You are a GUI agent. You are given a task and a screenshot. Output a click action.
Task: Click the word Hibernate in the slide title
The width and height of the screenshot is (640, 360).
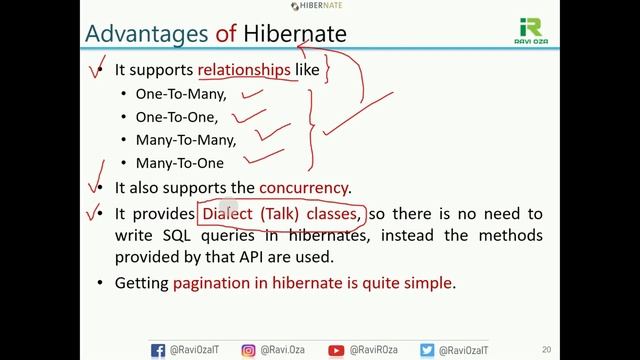pyautogui.click(x=295, y=34)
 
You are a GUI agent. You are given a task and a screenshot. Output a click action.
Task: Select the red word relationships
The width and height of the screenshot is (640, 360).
pyautogui.click(x=245, y=70)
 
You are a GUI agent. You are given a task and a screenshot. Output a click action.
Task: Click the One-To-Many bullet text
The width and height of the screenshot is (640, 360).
pyautogui.click(x=181, y=94)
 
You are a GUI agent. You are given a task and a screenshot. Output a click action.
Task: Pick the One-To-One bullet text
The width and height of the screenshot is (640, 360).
pyautogui.click(x=176, y=117)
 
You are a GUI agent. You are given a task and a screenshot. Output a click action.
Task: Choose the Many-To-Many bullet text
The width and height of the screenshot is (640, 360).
pyautogui.click(x=186, y=140)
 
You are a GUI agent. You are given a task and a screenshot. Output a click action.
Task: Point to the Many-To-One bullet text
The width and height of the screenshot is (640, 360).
pyautogui.click(x=180, y=163)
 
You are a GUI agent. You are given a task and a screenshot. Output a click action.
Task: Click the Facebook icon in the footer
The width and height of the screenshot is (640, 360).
pyautogui.click(x=158, y=350)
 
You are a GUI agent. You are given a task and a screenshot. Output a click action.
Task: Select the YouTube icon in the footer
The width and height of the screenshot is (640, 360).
pyautogui.click(x=336, y=350)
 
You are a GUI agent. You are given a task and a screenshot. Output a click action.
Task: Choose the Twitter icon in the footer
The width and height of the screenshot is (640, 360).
pyautogui.click(x=427, y=350)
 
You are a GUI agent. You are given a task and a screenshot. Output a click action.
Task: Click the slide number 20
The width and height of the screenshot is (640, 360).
pyautogui.click(x=545, y=350)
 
